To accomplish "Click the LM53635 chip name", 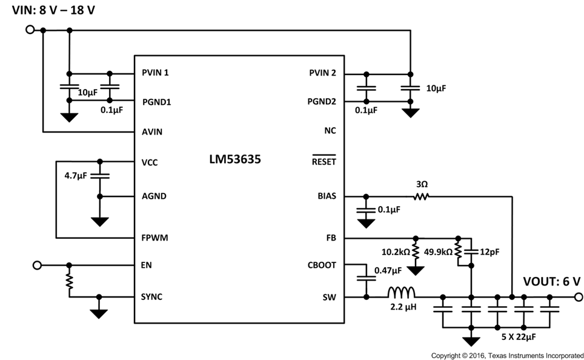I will [236, 160].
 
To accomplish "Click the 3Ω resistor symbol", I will [421, 196].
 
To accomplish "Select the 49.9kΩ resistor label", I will [439, 251].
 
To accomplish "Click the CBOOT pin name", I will [322, 265].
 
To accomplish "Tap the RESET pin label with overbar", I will [324, 162].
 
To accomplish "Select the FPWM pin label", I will [154, 238].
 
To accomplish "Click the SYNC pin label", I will [151, 297].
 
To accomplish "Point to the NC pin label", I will [330, 130].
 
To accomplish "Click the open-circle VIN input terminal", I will [29, 29].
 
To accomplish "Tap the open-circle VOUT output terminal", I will [577, 297].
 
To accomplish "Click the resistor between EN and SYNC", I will [70, 281].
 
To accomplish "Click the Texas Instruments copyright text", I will [506, 355].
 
